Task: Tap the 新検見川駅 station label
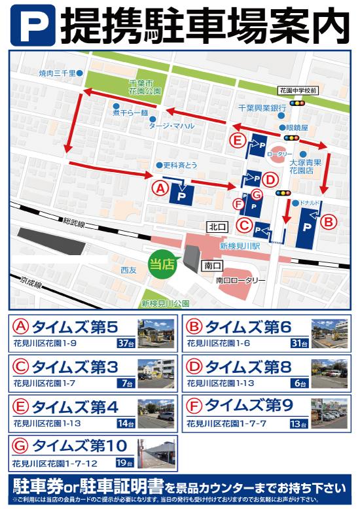click(x=240, y=246)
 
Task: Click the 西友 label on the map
click(x=128, y=269)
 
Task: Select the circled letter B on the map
click(x=329, y=221)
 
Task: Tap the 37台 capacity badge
click(x=125, y=342)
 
